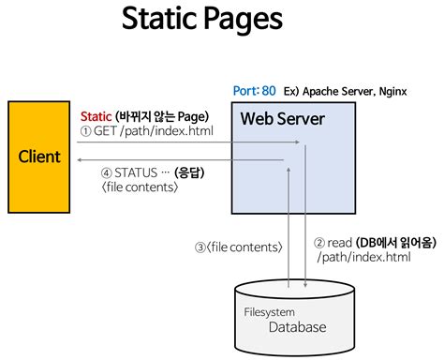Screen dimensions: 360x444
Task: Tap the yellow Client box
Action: pos(39,157)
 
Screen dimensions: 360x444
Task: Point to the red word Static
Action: pos(96,115)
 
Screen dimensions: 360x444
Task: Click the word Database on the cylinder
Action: pos(298,327)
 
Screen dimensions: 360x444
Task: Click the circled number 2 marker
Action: pos(318,241)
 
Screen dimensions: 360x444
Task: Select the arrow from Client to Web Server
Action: pos(187,143)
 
